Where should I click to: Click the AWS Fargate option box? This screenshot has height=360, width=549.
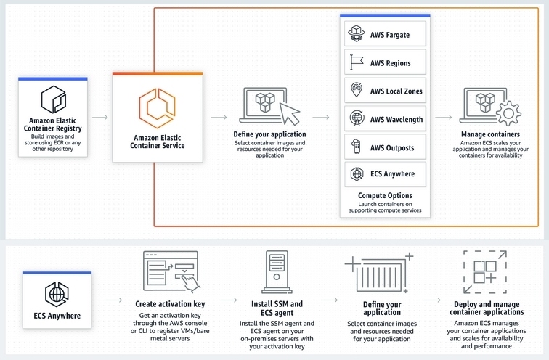tap(385, 33)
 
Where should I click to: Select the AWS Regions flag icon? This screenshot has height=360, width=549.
tap(357, 62)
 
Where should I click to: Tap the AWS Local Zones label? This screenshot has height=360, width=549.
tap(396, 91)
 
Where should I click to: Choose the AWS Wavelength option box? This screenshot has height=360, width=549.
tap(385, 118)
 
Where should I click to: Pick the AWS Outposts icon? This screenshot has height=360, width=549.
tap(357, 147)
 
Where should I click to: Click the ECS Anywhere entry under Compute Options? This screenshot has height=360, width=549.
tap(385, 174)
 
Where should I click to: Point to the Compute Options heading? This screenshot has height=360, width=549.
tap(385, 195)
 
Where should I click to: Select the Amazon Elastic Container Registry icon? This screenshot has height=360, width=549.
tap(54, 99)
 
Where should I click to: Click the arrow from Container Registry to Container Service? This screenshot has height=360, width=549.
tap(100, 117)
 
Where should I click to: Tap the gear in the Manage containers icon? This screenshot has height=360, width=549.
tap(509, 113)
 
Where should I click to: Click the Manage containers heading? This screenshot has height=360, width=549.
tap(490, 134)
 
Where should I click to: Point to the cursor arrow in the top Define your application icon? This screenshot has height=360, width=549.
tap(290, 112)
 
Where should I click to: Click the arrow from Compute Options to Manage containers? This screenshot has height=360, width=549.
tap(444, 117)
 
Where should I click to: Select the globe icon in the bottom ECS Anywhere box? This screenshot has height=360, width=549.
tap(57, 295)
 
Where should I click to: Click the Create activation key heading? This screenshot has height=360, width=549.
tap(170, 304)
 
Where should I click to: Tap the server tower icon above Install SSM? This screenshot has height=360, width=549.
tap(277, 272)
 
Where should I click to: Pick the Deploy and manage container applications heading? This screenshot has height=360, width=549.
tap(487, 308)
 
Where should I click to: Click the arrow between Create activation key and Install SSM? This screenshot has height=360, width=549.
tap(229, 300)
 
